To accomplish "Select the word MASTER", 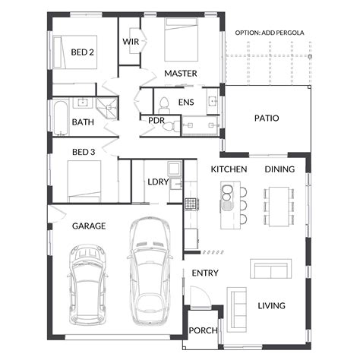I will (x=181, y=74).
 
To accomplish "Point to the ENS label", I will (x=185, y=102).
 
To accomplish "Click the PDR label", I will (x=156, y=120).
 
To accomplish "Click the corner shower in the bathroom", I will (x=111, y=108).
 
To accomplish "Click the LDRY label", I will (x=158, y=182).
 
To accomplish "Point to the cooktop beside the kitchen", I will (x=190, y=204).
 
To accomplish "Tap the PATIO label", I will (x=266, y=118).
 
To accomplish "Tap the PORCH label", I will (x=203, y=330).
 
